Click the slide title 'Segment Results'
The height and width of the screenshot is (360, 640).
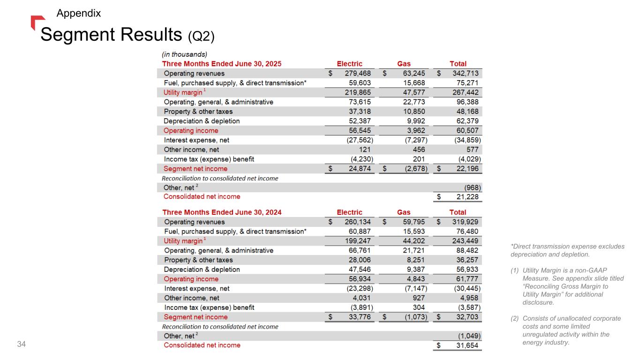(x=113, y=34)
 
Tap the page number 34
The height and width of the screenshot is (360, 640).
(x=21, y=345)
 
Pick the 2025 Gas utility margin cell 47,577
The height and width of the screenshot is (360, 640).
(x=411, y=92)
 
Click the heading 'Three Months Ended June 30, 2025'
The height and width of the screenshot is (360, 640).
(x=221, y=64)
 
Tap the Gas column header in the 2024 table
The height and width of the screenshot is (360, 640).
(x=404, y=212)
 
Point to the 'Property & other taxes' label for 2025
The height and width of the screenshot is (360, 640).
(x=198, y=112)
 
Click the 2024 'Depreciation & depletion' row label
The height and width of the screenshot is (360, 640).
(x=202, y=270)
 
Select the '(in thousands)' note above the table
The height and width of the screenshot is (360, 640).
(x=184, y=54)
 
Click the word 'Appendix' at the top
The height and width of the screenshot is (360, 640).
(x=78, y=13)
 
